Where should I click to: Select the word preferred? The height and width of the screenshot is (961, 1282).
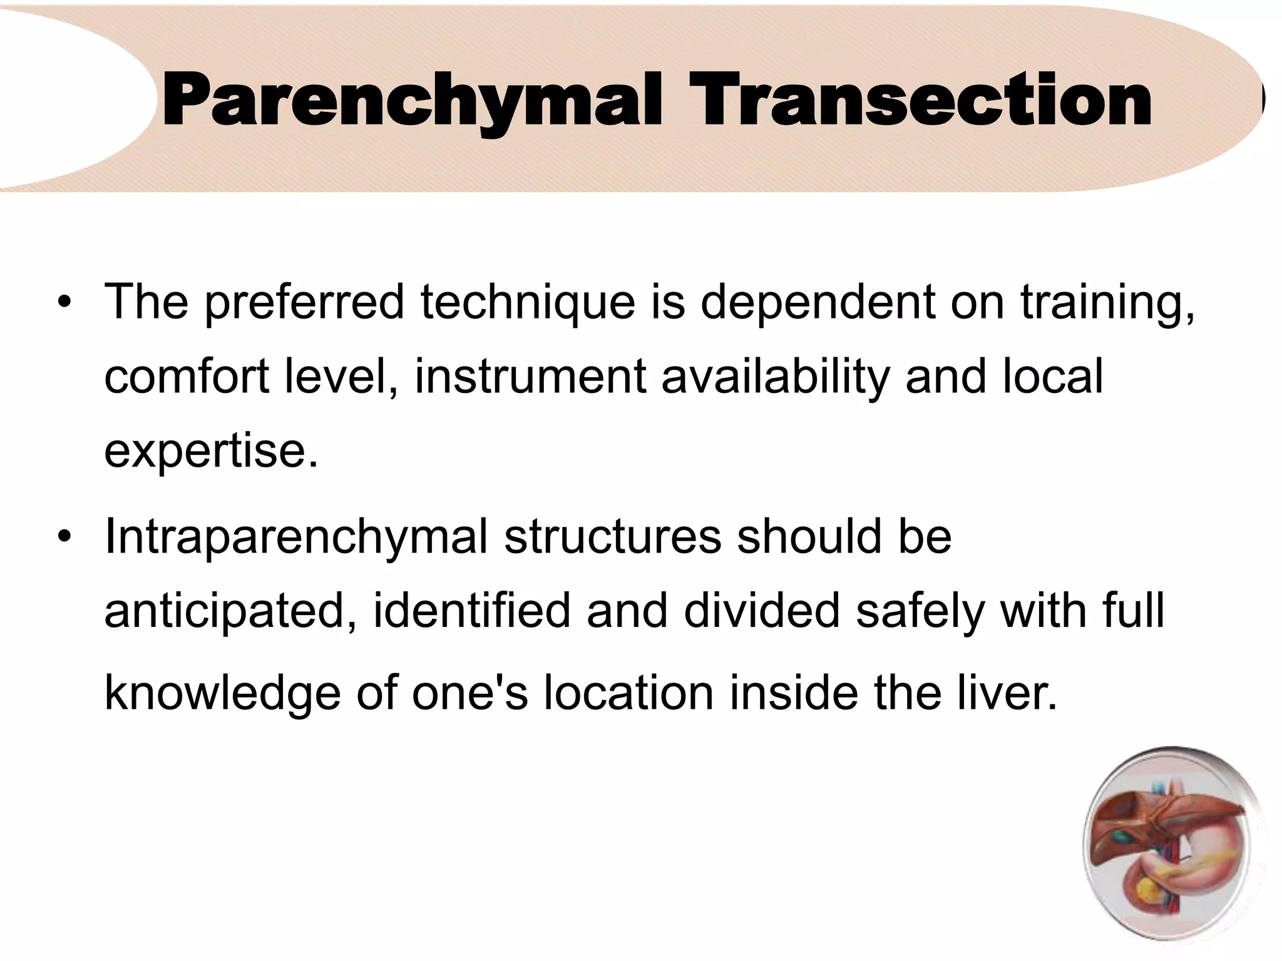[304, 303]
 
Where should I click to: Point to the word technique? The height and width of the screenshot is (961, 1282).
[527, 303]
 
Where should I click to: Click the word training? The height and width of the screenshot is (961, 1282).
[1107, 303]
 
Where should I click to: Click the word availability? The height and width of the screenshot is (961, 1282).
[775, 378]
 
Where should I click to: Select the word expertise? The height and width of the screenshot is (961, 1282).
[211, 452]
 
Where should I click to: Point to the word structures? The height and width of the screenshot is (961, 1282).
[612, 537]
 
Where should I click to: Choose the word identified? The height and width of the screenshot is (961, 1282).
[471, 611]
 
